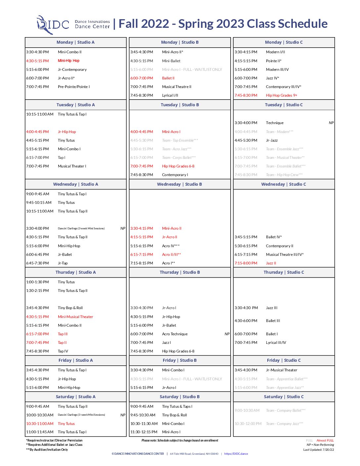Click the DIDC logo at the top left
[53, 24]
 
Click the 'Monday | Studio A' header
[75, 42]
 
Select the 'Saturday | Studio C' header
[284, 397]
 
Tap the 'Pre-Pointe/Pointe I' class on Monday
[73, 87]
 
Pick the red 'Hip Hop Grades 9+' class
[281, 96]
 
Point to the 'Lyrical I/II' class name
[170, 96]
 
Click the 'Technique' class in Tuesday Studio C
[275, 123]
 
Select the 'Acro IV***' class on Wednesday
[171, 246]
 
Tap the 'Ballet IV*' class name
[274, 237]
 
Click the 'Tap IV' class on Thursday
[63, 351]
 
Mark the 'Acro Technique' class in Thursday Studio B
[175, 334]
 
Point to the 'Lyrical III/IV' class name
[276, 343]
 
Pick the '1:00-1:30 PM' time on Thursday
[37, 282]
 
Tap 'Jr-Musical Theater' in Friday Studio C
[282, 370]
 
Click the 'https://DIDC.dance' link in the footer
[236, 454]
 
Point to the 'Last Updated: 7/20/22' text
[318, 450]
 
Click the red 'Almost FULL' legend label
[325, 441]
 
